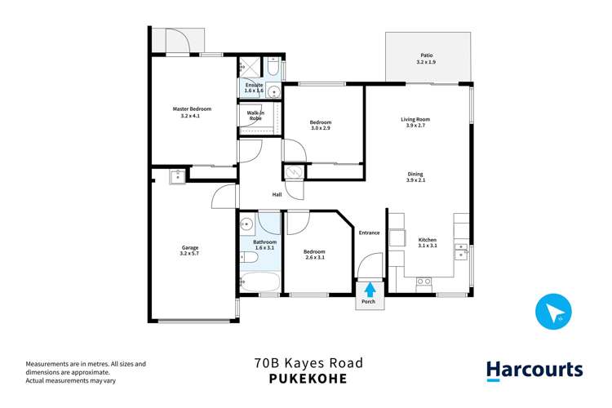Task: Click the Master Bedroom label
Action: click(192, 113)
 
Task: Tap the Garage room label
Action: click(190, 250)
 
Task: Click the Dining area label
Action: click(415, 176)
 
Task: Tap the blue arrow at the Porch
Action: click(370, 288)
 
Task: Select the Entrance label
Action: click(369, 233)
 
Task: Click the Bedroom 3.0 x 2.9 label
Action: click(321, 126)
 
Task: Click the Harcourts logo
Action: click(534, 370)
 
